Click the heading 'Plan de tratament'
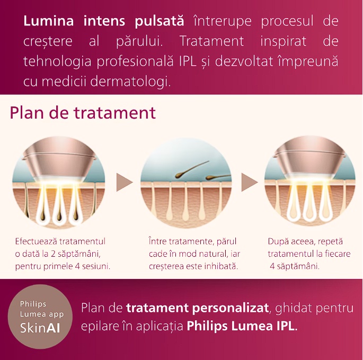coord(83,113)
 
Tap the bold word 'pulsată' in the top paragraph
coord(160,21)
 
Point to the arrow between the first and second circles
coord(125,182)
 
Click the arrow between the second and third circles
coord(250,182)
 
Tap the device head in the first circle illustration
coord(59,159)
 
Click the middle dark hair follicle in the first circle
coord(59,217)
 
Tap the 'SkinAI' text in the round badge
coord(40,328)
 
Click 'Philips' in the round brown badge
coord(33,304)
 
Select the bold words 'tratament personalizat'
coord(198,308)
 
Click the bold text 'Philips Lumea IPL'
coord(241,326)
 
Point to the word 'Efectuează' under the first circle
coord(36,241)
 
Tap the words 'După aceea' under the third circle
coord(291,241)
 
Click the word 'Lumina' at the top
coord(49,21)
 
